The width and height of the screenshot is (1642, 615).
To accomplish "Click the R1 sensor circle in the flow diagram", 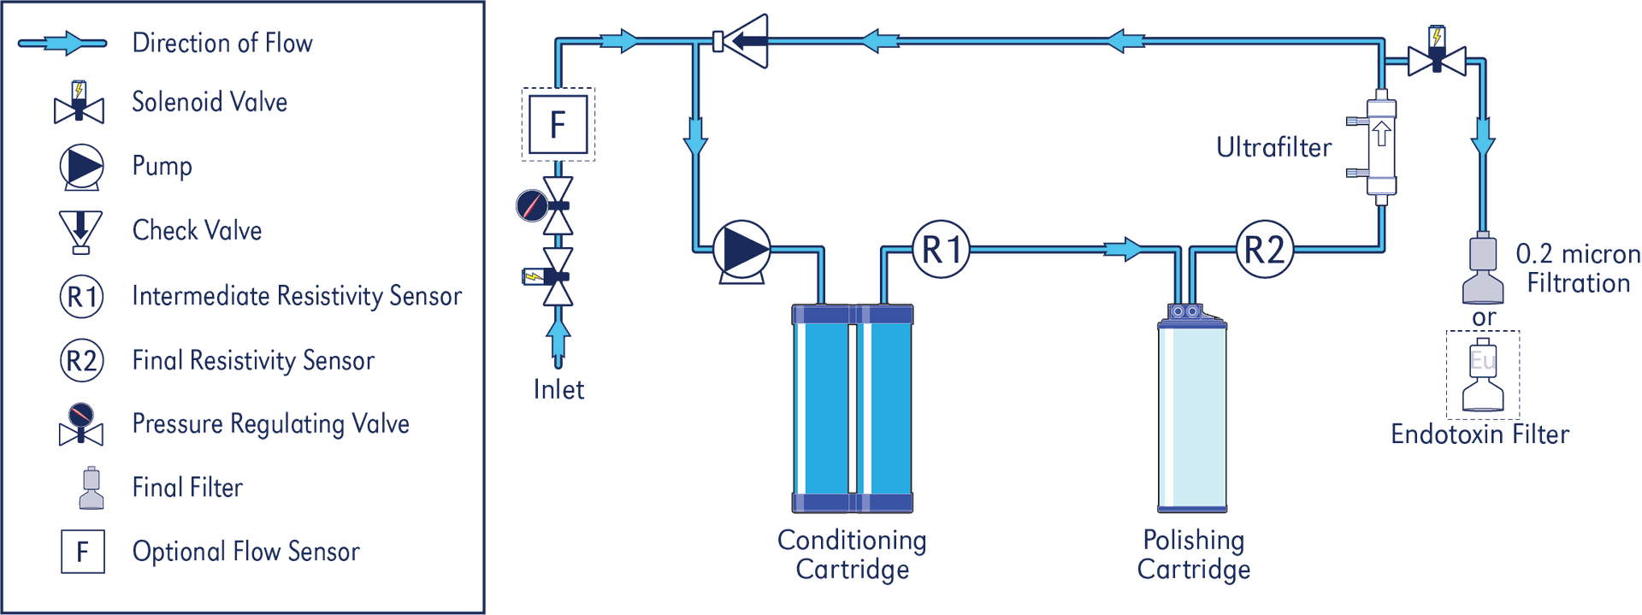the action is pos(942,250).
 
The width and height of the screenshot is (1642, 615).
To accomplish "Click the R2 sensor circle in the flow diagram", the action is pos(1265,250).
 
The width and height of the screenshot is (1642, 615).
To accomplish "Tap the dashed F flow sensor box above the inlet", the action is pos(558,124).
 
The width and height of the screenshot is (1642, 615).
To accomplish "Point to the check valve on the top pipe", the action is pos(741,41).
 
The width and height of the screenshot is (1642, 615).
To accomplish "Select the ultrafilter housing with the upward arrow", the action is pos(1380,147).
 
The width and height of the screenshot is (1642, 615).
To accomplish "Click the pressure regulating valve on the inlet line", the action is pos(546,205).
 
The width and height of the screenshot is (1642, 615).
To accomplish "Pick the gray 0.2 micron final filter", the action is pos(1483,268).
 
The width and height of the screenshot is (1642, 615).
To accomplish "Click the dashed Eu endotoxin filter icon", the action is pos(1483,374).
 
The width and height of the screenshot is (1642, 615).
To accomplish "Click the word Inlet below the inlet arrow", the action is pos(558,389).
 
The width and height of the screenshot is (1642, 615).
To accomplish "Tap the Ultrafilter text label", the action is pos(1273,148).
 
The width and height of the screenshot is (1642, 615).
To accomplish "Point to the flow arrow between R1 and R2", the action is pos(1123,250).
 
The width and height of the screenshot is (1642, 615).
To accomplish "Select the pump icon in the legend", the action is pos(82,167).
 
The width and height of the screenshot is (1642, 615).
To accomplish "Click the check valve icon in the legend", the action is pos(80,232).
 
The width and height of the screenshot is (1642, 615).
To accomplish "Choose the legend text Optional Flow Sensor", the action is pos(246,552).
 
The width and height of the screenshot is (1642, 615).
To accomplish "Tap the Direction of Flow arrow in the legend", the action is pos(63,43).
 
